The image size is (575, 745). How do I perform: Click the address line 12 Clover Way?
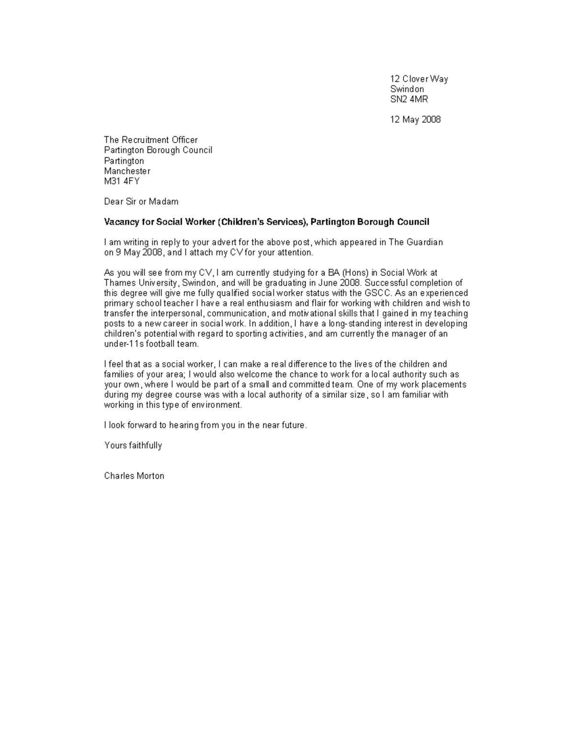tap(419, 79)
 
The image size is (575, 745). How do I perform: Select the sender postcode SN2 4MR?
tap(409, 99)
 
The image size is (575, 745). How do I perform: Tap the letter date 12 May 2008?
tap(415, 119)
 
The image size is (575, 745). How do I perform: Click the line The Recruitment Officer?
tap(150, 140)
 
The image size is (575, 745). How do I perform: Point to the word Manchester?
tap(127, 171)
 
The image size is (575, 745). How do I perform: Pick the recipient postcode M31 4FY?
tap(122, 181)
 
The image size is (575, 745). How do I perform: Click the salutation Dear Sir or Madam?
tap(141, 201)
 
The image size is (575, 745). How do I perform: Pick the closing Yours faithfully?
tap(133, 446)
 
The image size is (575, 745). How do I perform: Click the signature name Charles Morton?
tap(134, 476)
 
